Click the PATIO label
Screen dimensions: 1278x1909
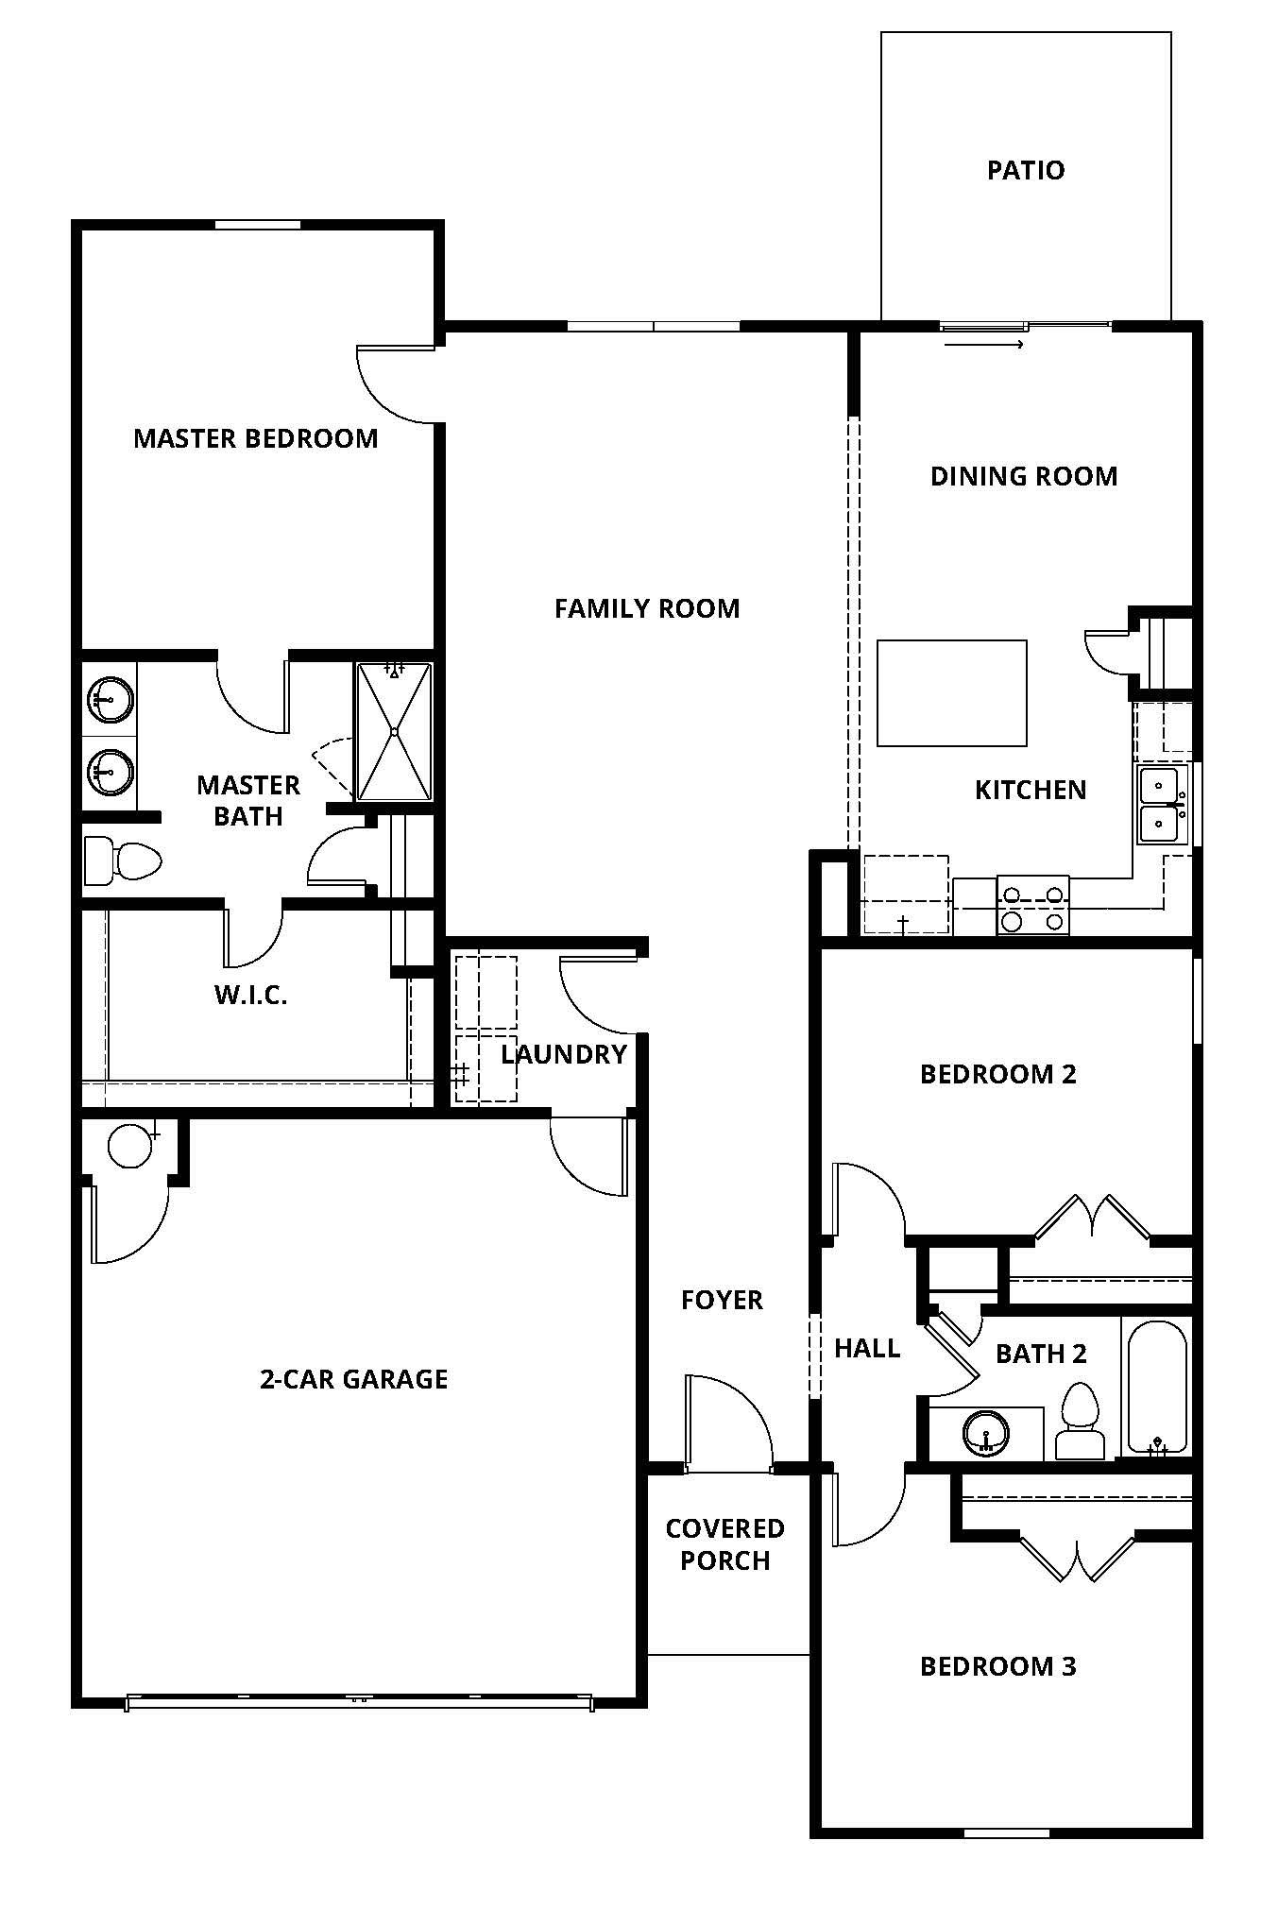tap(1026, 170)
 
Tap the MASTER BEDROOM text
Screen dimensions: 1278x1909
tap(256, 438)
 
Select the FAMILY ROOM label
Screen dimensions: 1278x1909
tap(647, 608)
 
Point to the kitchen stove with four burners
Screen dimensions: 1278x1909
tap(1033, 905)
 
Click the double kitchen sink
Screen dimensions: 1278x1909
tap(1160, 805)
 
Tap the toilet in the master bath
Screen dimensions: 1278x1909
tap(122, 861)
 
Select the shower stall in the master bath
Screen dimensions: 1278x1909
tap(394, 731)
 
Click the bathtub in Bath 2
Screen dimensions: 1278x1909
tap(1157, 1386)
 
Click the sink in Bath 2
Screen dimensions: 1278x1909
tap(986, 1433)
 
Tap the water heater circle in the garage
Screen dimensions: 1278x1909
tap(130, 1145)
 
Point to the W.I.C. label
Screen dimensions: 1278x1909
tap(250, 995)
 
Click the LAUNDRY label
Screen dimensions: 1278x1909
tap(564, 1054)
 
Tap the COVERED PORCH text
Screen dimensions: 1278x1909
tap(725, 1544)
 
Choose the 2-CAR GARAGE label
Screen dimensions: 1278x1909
tap(353, 1379)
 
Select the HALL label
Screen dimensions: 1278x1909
tap(867, 1348)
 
